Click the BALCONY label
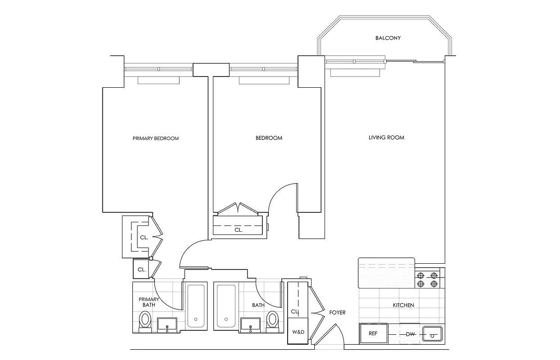(388, 38)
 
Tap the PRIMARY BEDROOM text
(155, 138)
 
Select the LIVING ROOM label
(386, 138)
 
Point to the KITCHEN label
(403, 305)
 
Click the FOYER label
(337, 312)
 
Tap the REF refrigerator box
(373, 334)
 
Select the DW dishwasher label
(410, 334)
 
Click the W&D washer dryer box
(298, 332)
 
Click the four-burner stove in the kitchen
(427, 279)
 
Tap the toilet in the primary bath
(145, 321)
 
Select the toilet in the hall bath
(272, 320)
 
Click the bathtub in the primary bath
(195, 306)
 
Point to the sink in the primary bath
(167, 324)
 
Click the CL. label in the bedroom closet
(238, 230)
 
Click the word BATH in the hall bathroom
(258, 305)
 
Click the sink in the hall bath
(250, 324)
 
